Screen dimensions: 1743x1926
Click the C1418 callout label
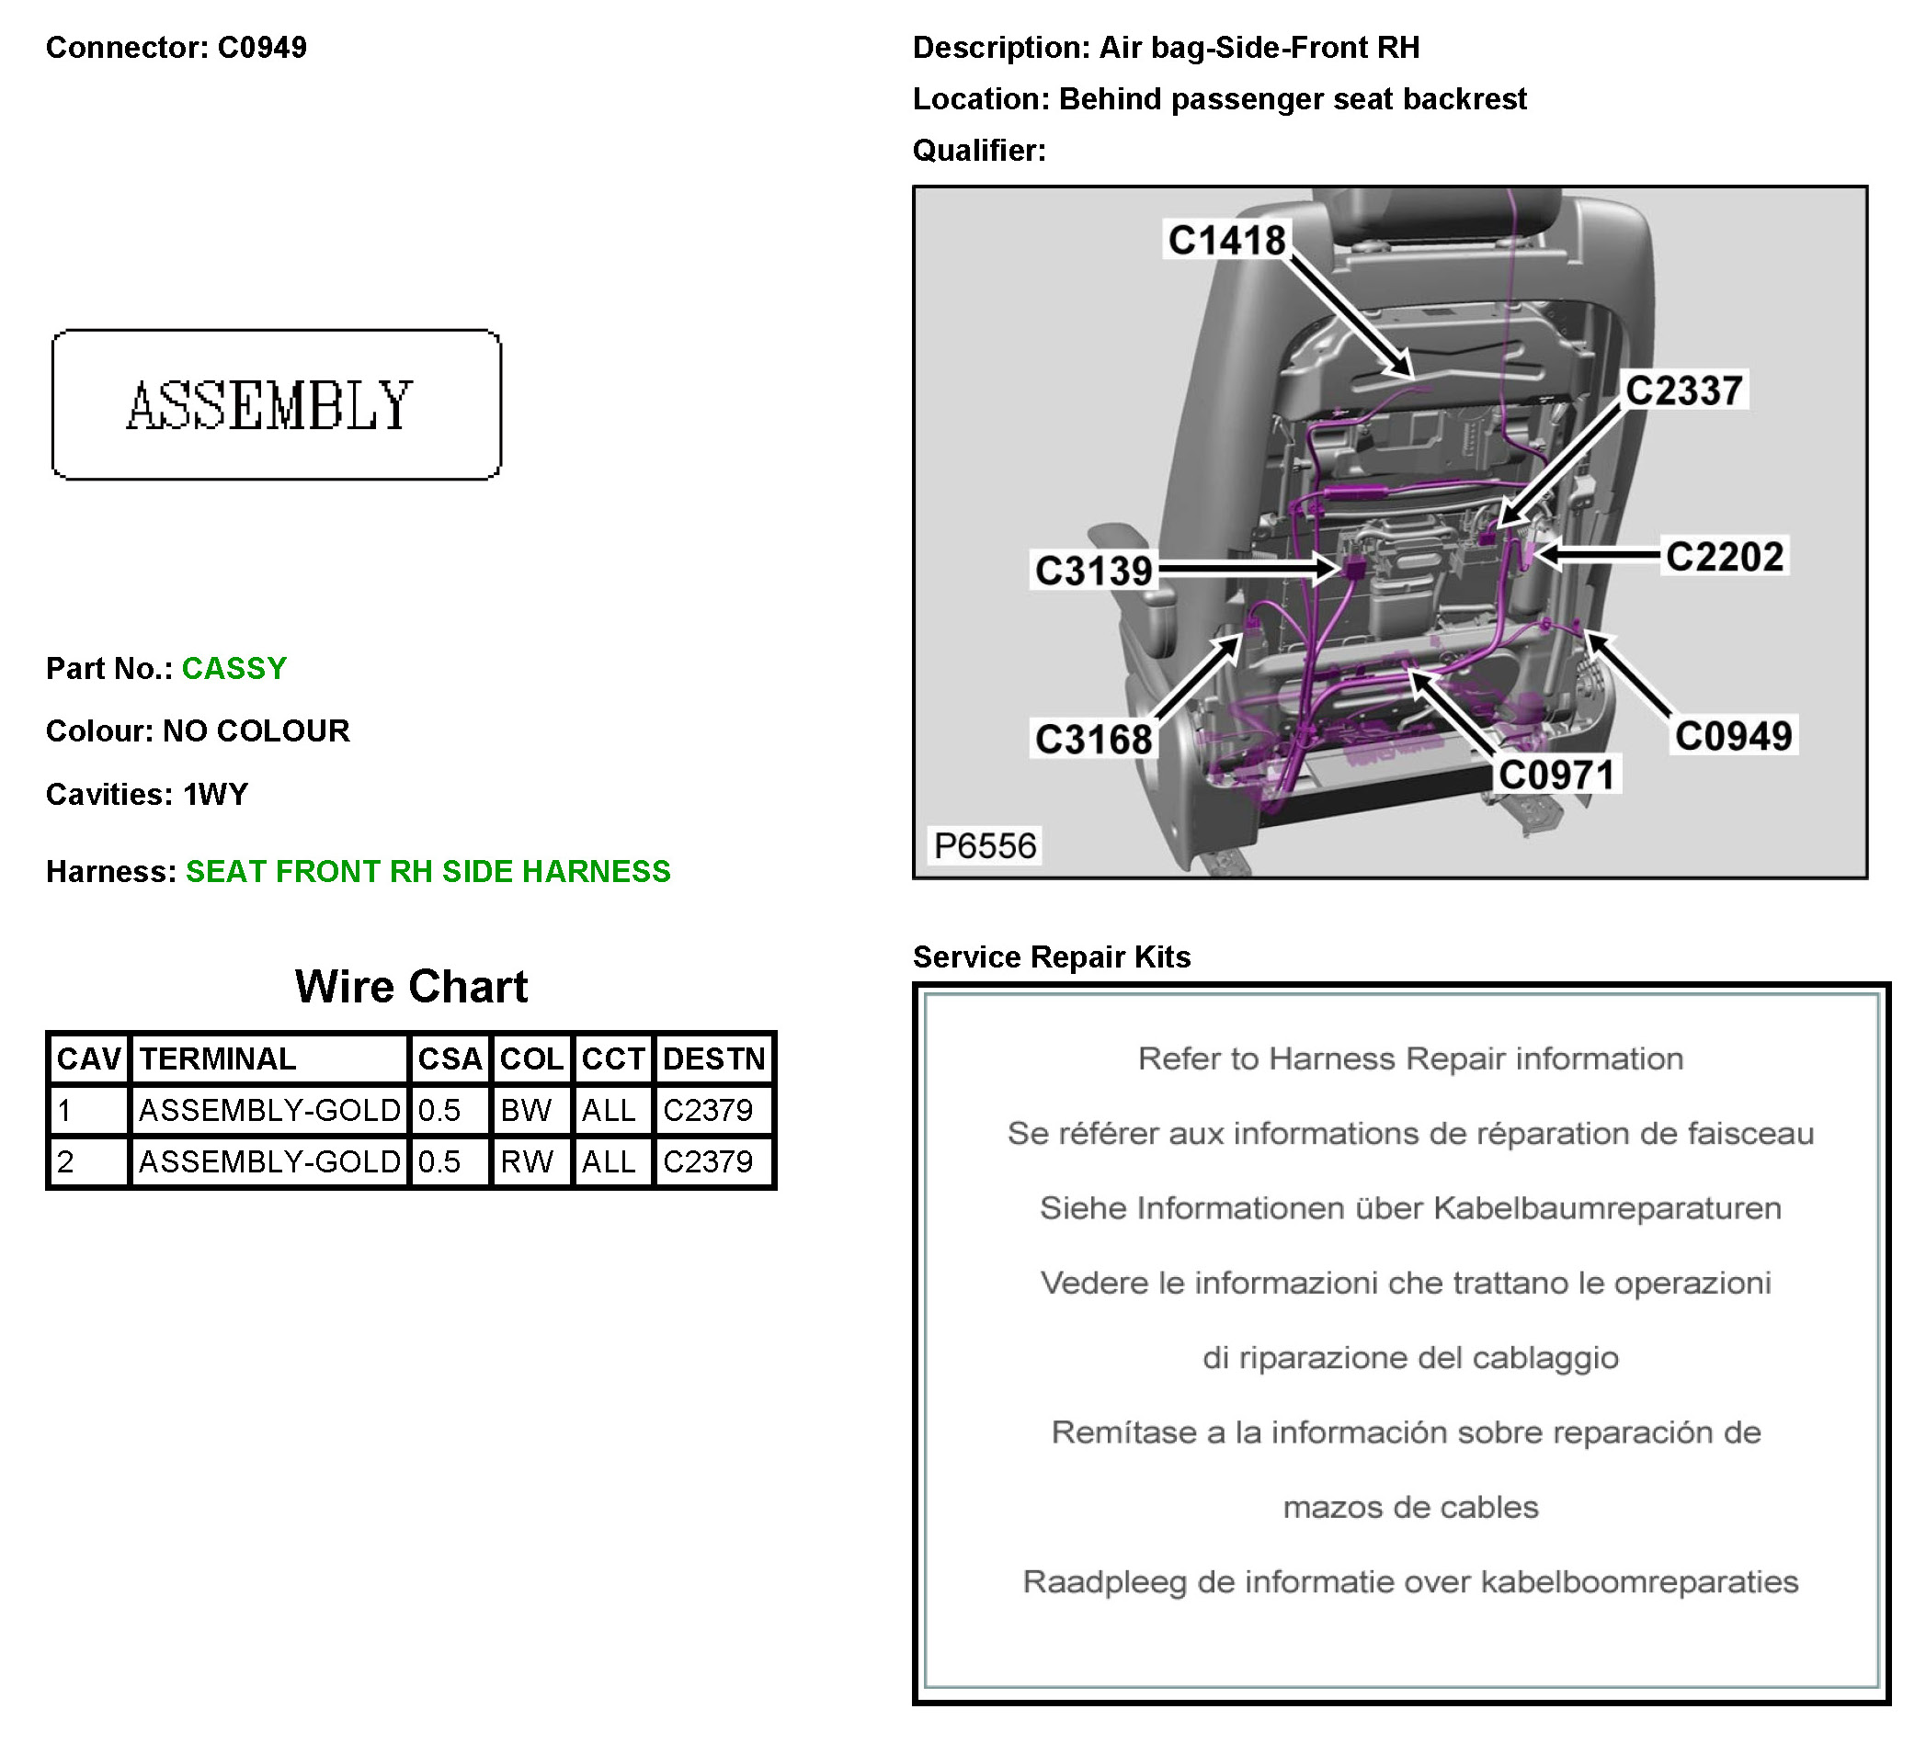pos(1226,240)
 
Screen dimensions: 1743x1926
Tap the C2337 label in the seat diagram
pos(1684,390)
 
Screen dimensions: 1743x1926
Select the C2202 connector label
pos(1725,557)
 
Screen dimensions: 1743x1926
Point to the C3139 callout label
pos(1094,572)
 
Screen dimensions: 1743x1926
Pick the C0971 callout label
pos(1556,775)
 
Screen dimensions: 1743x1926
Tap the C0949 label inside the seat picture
pos(1733,736)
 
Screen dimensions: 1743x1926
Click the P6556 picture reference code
pos(984,846)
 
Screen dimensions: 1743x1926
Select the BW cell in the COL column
pos(527,1110)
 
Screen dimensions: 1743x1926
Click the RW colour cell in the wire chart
pos(527,1161)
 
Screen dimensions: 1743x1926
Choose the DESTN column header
pos(713,1058)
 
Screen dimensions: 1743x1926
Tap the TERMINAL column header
pos(219,1058)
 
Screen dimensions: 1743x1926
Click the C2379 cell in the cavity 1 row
pos(708,1110)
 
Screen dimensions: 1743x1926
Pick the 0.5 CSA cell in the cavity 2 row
pos(439,1161)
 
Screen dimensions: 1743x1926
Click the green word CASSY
pos(234,669)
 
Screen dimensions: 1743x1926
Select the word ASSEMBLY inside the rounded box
pos(270,405)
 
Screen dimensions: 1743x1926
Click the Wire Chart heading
pos(411,987)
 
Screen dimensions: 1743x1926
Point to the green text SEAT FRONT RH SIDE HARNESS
pos(428,871)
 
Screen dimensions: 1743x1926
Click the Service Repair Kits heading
pos(1051,957)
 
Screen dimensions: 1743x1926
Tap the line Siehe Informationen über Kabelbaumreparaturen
pos(1410,1208)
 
